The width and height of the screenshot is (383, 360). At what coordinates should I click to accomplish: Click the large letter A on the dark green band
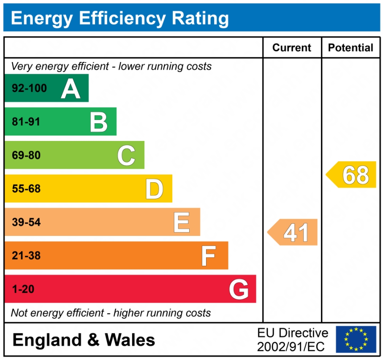tap(71, 89)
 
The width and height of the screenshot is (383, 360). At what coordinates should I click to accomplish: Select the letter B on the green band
tap(99, 122)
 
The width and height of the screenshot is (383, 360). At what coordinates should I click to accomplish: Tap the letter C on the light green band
tap(126, 155)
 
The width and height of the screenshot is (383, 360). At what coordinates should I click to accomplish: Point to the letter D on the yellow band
tap(154, 189)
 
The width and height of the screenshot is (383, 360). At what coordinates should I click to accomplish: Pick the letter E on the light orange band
tap(182, 222)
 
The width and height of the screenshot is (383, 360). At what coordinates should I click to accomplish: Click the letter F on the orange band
tap(209, 256)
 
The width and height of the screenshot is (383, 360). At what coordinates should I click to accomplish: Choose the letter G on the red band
tap(239, 290)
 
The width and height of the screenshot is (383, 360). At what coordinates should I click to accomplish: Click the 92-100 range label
tap(29, 89)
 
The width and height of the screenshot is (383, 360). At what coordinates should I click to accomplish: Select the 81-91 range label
tap(26, 122)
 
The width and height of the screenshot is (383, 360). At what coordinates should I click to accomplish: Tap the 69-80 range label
tap(26, 155)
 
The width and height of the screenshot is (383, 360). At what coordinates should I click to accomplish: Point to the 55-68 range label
tap(26, 189)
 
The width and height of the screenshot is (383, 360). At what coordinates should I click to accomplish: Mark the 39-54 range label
tap(26, 222)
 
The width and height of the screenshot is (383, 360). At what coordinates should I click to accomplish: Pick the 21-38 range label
tap(26, 256)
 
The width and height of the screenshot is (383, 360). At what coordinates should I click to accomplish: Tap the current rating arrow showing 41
tap(293, 232)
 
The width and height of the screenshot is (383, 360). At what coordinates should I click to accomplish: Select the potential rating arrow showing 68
tap(352, 175)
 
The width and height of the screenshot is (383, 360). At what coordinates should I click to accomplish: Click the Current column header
tap(292, 48)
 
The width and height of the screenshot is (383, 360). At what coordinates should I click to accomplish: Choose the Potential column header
tap(350, 48)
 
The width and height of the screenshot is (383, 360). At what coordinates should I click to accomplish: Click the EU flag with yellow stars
tap(356, 339)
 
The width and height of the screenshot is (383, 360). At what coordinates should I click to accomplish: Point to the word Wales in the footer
tap(130, 340)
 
